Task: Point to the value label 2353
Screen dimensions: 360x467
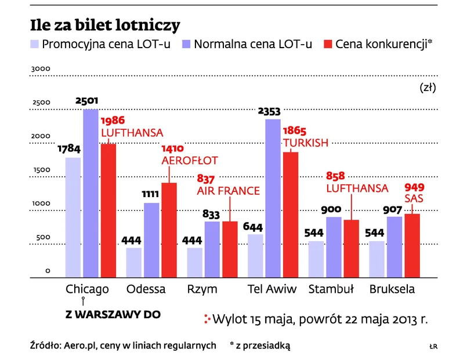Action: [273, 111]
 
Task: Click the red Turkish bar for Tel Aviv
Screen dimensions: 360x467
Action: [291, 215]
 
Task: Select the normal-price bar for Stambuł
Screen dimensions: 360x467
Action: [334, 247]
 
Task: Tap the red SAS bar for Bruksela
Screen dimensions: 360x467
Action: [412, 246]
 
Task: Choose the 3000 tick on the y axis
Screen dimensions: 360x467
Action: [41, 69]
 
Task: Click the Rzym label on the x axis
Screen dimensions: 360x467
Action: [202, 289]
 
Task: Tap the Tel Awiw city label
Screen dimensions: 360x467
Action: [273, 289]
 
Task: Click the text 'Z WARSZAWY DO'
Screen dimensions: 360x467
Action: [113, 315]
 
